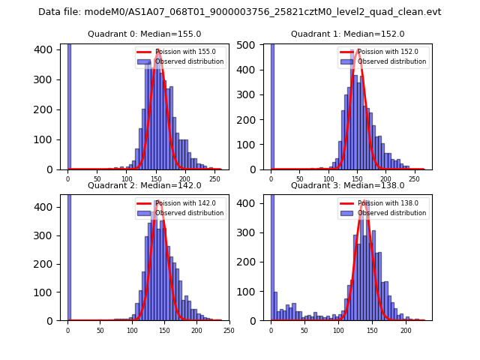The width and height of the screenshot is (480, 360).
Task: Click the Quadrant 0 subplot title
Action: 145,34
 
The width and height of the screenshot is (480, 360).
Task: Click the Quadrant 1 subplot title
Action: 347,34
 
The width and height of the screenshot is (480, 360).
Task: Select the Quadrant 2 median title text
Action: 145,186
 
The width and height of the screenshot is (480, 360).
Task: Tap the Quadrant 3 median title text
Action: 347,186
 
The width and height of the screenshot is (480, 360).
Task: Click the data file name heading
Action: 240,12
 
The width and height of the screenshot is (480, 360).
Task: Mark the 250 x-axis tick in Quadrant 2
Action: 229,331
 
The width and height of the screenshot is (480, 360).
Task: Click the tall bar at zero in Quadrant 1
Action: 272,105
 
